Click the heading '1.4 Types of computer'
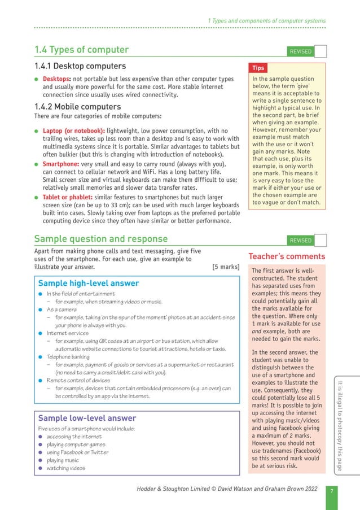(81, 50)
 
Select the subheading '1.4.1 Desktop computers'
(80, 66)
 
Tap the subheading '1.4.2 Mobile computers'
(77, 106)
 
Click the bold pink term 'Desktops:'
(56, 79)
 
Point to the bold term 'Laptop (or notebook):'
(74, 131)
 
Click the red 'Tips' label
(258, 68)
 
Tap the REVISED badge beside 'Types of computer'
(300, 51)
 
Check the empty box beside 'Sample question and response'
(320, 240)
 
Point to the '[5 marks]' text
(226, 267)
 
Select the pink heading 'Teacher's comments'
(287, 256)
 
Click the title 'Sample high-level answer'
(88, 283)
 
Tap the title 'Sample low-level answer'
(87, 418)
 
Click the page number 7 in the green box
(331, 490)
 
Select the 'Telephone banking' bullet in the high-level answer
(68, 357)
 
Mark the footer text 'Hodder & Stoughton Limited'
(170, 489)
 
